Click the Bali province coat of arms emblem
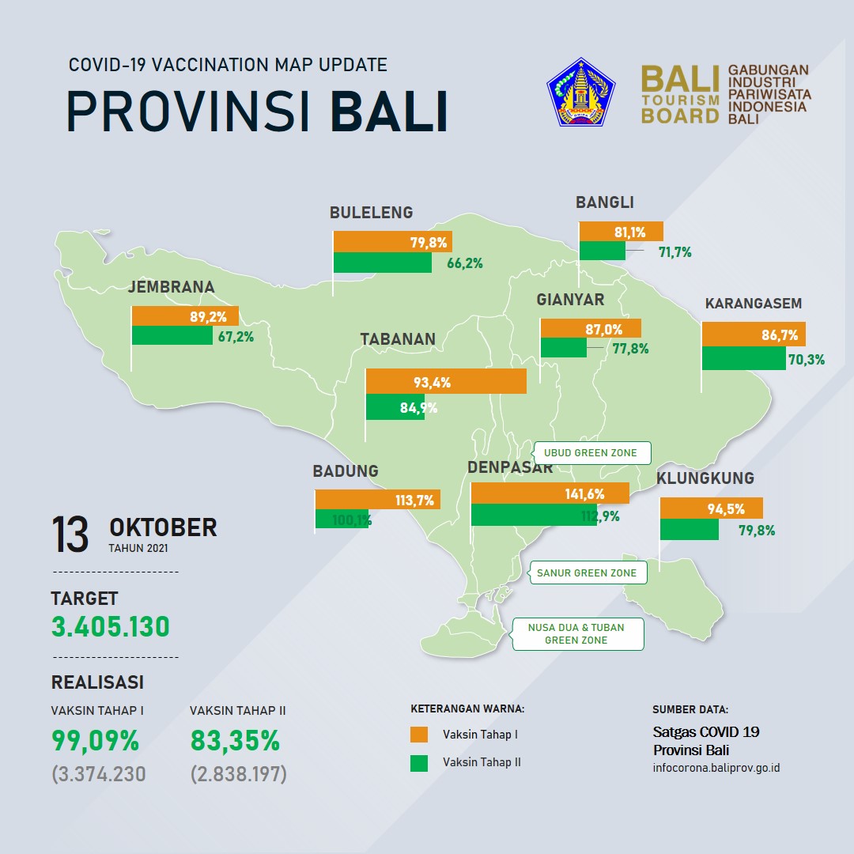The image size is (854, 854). point(580,92)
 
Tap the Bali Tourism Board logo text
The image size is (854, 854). point(680,95)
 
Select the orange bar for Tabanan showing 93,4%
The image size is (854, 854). point(446,381)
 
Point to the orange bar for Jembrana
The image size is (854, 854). point(185,316)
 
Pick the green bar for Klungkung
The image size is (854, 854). point(690,529)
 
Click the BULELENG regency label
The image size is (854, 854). point(371,213)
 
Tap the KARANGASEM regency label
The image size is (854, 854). point(754,304)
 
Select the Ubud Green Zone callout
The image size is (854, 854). point(591,452)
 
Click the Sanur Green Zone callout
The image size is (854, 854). point(587,572)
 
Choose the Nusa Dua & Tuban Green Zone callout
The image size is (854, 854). point(576,634)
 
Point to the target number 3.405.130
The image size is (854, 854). point(111,626)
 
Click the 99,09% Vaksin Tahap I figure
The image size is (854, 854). point(96,741)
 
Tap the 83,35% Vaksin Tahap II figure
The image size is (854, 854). point(235,741)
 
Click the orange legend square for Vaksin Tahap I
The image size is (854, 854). point(419,734)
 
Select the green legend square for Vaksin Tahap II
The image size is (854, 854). point(419,763)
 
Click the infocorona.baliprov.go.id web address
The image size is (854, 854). point(716,768)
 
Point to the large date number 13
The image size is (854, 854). point(70,535)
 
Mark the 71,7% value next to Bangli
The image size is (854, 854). point(675,252)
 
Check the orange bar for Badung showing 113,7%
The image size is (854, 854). point(377,500)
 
